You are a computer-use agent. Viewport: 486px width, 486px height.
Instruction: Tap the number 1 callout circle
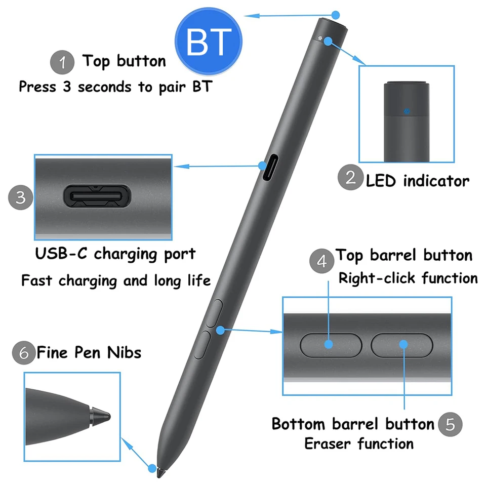coord(63,63)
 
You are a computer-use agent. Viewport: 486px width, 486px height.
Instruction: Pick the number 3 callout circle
coord(21,197)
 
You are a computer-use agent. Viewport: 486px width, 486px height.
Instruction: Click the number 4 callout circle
coord(322,261)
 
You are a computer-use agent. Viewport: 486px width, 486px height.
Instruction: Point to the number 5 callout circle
coord(450,424)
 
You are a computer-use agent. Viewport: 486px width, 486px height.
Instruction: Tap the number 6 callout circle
coord(24,352)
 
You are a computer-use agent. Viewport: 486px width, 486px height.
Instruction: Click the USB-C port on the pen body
coord(268,167)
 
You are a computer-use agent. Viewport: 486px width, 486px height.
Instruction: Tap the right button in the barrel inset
coord(402,345)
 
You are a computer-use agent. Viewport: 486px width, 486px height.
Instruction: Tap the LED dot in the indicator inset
coord(407,110)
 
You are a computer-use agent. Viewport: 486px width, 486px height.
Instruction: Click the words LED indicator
coord(418,181)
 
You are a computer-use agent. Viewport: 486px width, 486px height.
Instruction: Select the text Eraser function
coord(358,444)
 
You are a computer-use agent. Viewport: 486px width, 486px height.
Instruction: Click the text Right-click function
coord(408,278)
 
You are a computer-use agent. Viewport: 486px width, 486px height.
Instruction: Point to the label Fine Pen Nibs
coord(89,352)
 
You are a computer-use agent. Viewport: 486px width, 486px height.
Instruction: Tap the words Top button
coord(124,61)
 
